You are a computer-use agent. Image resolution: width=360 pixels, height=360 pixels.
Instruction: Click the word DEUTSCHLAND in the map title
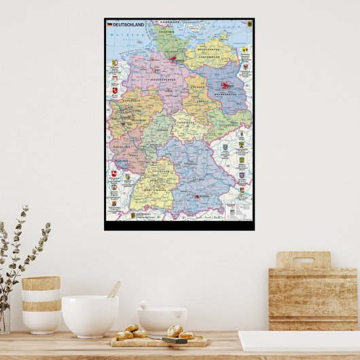125,24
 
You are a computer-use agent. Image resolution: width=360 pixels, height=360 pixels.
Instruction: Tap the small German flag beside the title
109,24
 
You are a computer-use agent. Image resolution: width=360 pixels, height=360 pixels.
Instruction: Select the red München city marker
198,196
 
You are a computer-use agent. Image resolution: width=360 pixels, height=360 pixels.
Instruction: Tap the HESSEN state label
160,129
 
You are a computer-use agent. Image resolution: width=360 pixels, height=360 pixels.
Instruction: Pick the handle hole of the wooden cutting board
303,259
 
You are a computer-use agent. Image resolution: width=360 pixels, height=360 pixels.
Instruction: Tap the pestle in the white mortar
145,306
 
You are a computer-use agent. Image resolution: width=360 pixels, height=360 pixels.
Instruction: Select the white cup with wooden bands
41,304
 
